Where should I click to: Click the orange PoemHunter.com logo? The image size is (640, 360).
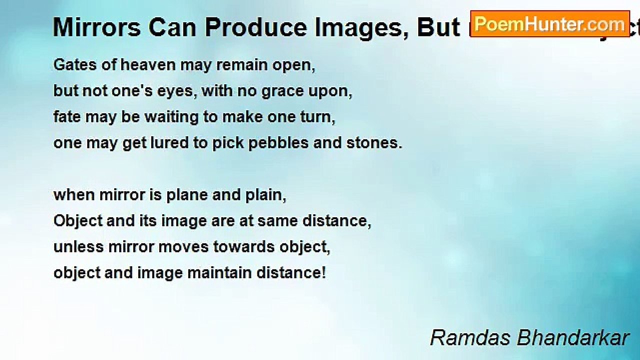[550, 24]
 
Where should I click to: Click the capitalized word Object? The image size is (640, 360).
[77, 221]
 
